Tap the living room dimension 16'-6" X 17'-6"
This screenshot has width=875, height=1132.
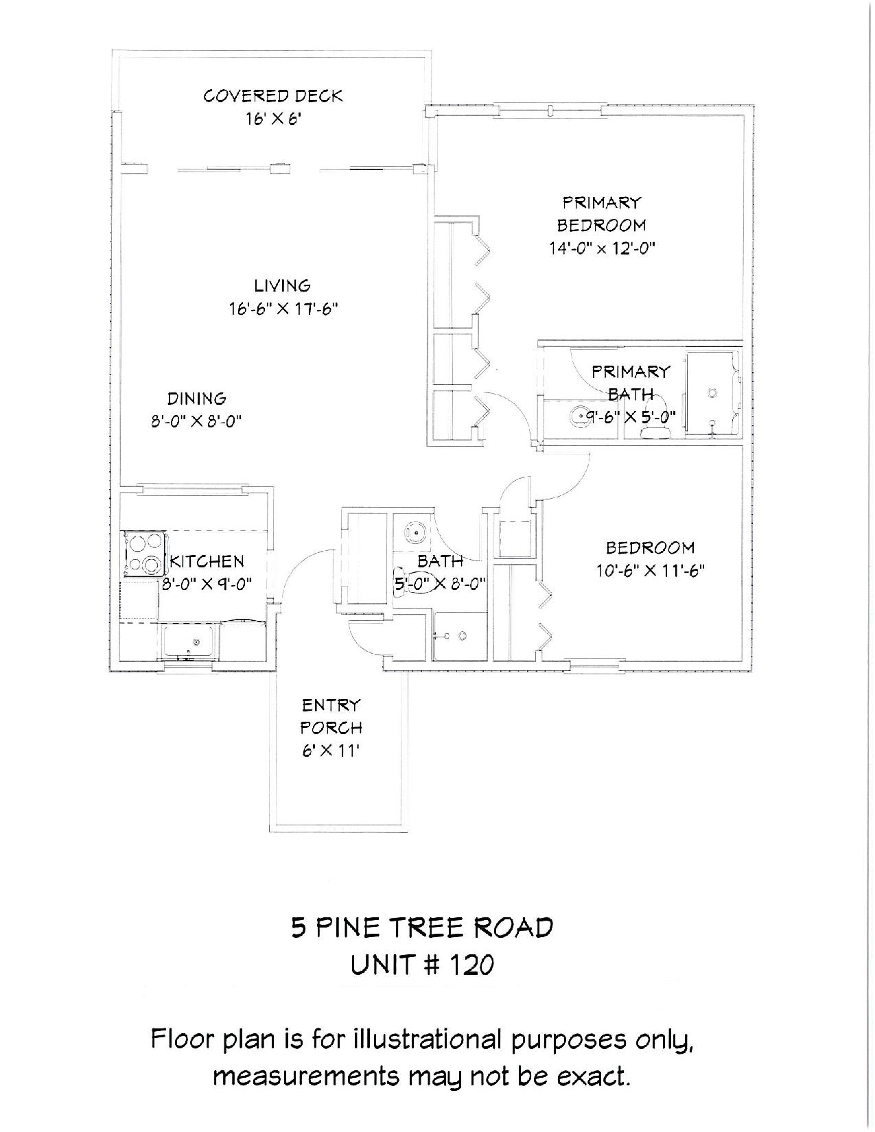[283, 309]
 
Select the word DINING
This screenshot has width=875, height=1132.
[196, 399]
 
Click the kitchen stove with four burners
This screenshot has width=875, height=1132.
[144, 554]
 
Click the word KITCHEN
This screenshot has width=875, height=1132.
[207, 561]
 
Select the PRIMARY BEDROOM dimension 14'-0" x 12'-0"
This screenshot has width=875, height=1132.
[601, 248]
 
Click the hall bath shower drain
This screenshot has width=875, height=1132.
[463, 635]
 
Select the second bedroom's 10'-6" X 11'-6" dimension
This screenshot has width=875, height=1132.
[651, 571]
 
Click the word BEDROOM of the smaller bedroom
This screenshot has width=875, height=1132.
[650, 547]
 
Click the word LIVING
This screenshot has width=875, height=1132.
[283, 285]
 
